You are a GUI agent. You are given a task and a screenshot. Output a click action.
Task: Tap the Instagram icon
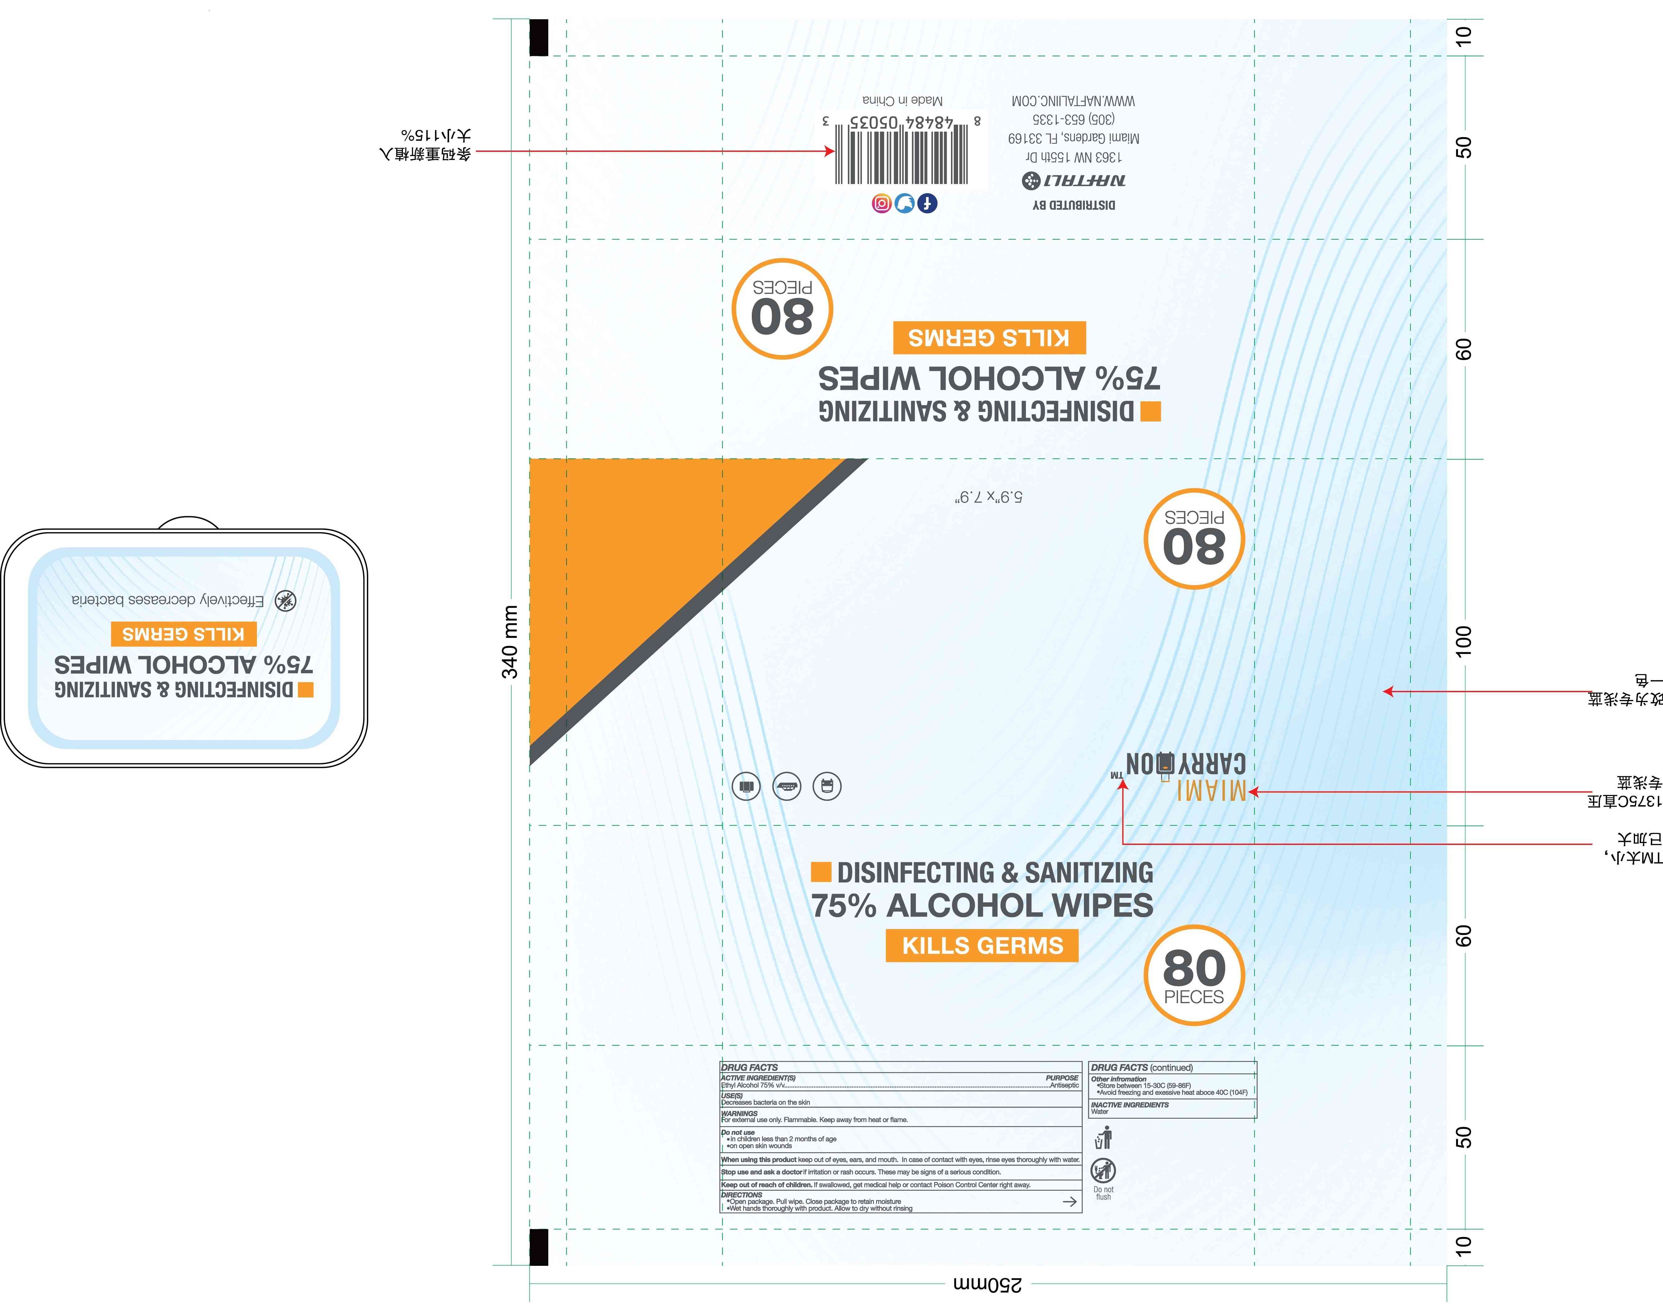[882, 203]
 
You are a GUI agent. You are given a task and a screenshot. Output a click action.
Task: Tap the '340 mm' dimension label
[509, 641]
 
